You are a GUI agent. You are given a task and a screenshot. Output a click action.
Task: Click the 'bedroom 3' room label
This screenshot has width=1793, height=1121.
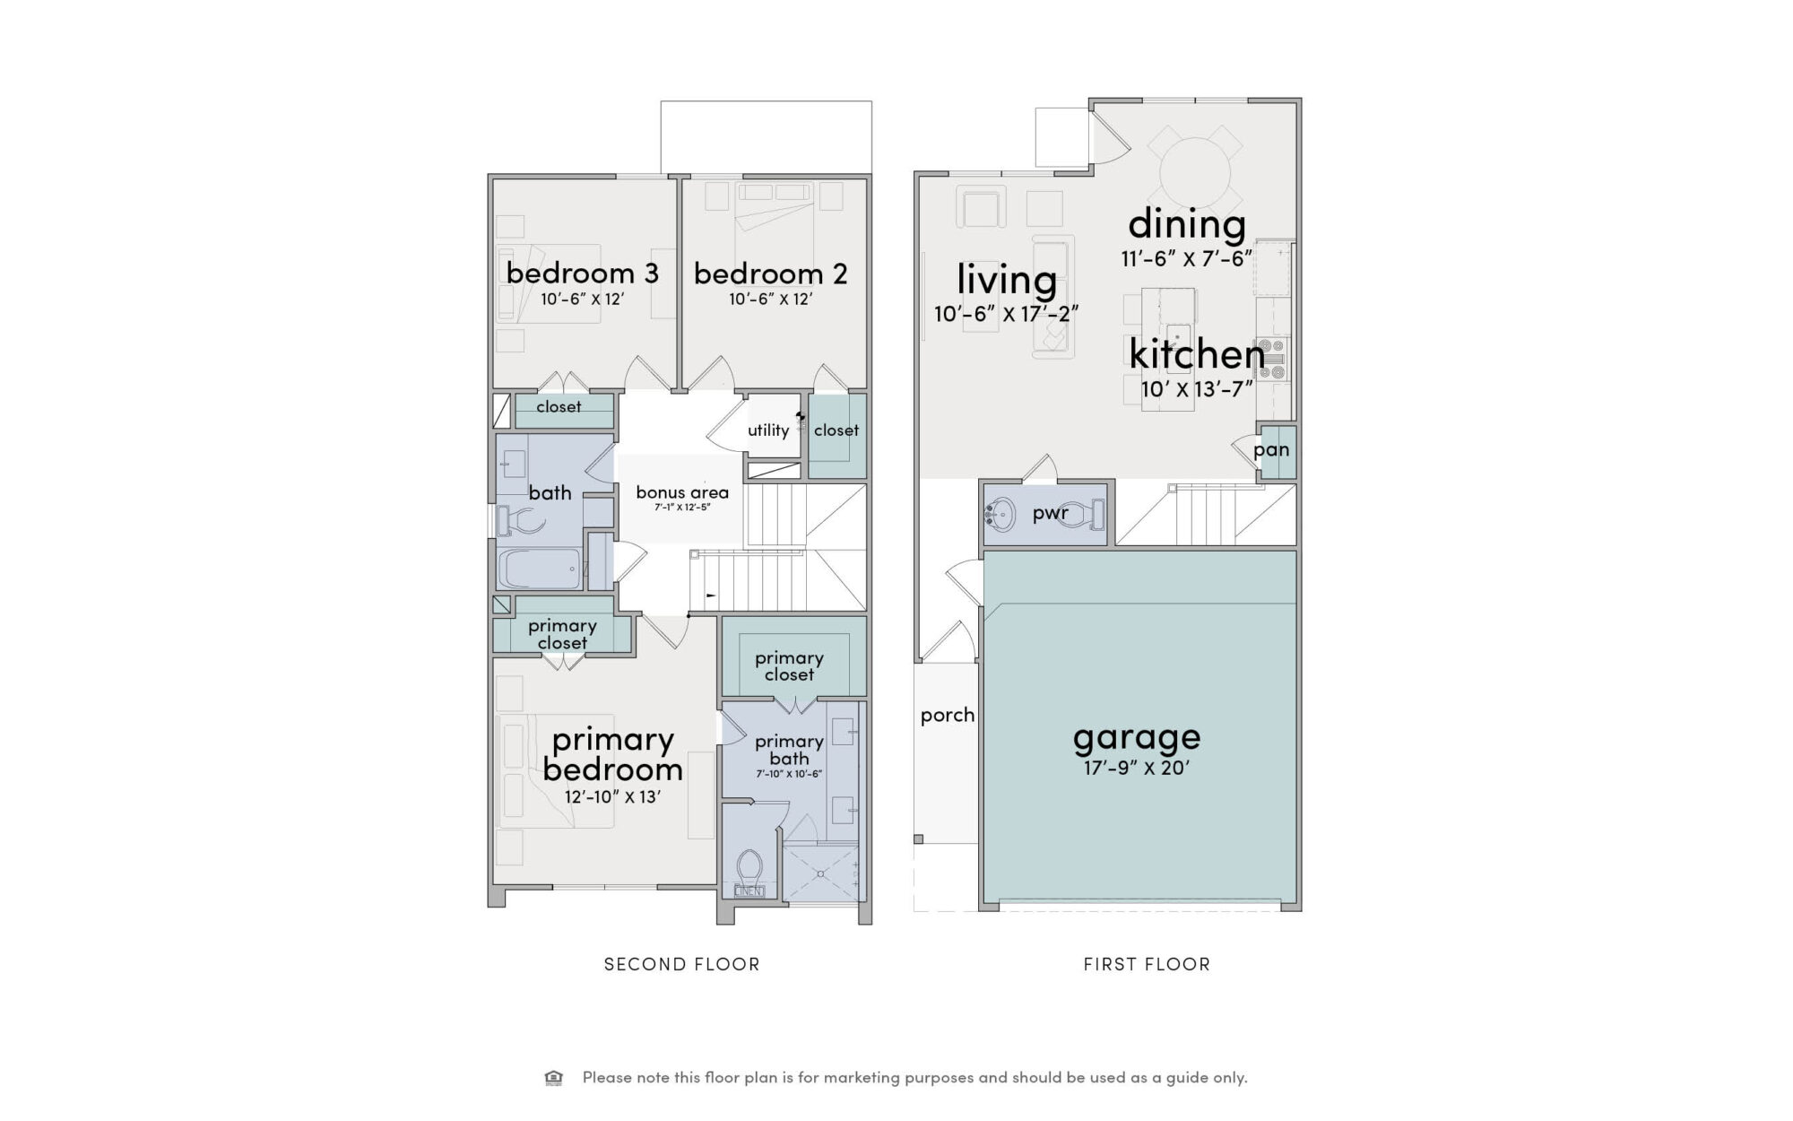pos(583,273)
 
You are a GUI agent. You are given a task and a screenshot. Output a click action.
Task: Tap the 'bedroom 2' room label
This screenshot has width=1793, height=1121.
pos(771,273)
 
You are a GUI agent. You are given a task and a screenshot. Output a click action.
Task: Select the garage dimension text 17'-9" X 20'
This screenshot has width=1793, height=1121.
pos(1137,769)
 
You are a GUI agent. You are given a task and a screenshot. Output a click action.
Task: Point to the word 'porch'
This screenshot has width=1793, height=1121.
pos(948,716)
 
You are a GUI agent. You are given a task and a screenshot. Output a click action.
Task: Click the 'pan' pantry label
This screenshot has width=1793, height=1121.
pos(1271,450)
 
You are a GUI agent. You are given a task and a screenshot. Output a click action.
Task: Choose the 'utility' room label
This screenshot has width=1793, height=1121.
pos(768,430)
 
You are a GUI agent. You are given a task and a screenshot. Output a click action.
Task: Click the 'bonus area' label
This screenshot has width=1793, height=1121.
pos(682,492)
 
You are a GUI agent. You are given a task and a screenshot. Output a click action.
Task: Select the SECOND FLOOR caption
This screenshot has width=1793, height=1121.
pos(682,964)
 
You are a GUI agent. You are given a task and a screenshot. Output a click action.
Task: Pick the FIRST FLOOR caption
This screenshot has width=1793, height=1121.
pos(1147,964)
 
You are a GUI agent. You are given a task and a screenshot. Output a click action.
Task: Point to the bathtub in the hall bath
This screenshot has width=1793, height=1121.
pos(540,569)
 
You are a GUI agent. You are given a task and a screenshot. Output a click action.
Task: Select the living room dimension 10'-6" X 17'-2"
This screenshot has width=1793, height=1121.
pos(1006,314)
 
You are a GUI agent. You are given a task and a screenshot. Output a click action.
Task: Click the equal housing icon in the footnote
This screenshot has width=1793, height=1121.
pos(554,1077)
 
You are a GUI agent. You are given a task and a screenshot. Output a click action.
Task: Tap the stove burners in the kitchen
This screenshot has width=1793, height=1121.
pos(1273,359)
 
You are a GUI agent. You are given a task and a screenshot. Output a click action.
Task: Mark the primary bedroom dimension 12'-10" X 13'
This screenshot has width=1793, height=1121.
pos(613,796)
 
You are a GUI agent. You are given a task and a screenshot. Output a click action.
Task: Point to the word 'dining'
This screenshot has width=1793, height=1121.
pos(1187,223)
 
